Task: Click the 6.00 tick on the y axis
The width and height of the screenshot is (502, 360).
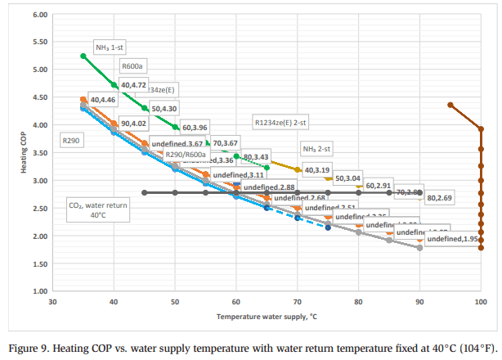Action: pyautogui.click(x=37, y=15)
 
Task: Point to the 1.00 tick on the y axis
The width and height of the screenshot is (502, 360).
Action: pyautogui.click(x=37, y=291)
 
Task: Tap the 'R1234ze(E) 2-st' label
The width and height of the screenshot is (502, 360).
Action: pyautogui.click(x=280, y=122)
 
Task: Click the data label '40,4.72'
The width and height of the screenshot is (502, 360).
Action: pyautogui.click(x=132, y=84)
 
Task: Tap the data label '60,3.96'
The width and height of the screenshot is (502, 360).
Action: pyautogui.click(x=195, y=128)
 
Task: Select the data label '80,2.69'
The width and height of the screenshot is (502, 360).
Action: pyautogui.click(x=439, y=197)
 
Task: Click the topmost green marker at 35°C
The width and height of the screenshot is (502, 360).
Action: pyautogui.click(x=83, y=56)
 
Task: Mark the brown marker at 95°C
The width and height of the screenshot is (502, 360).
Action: pyautogui.click(x=450, y=105)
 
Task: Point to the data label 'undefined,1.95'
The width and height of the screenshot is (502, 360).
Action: pyautogui.click(x=452, y=238)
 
